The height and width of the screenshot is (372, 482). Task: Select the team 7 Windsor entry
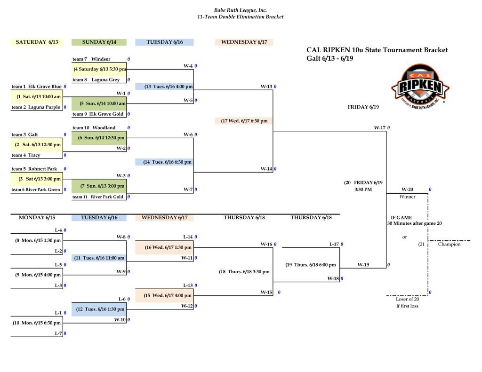coord(91,59)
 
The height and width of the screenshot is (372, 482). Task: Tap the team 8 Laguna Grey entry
coord(96,79)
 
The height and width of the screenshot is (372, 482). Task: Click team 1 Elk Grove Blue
coord(36,87)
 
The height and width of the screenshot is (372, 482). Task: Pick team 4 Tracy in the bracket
coord(26,155)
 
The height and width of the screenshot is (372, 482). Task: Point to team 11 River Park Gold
coord(98,197)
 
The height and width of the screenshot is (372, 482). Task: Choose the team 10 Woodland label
coord(94,127)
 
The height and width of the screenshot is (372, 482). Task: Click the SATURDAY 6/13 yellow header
coord(37,42)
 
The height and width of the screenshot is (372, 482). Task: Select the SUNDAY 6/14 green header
coord(99,42)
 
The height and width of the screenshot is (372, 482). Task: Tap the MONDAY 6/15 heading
coord(37,217)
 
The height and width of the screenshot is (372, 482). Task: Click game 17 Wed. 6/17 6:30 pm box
coord(244,121)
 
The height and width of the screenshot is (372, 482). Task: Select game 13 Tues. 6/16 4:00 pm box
coord(164,87)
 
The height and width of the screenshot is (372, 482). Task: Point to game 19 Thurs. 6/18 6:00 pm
coord(311,265)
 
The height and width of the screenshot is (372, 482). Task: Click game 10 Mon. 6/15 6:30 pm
coord(37,323)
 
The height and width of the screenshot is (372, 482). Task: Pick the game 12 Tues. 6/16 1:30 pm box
coord(99,309)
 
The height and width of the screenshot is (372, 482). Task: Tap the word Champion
coord(449,244)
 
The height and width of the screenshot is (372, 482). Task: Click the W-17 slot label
coord(380,127)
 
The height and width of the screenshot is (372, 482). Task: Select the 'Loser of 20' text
coord(407,299)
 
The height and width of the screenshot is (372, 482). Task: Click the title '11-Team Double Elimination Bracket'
coord(241,17)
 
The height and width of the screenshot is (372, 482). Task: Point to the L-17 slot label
coord(334,244)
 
